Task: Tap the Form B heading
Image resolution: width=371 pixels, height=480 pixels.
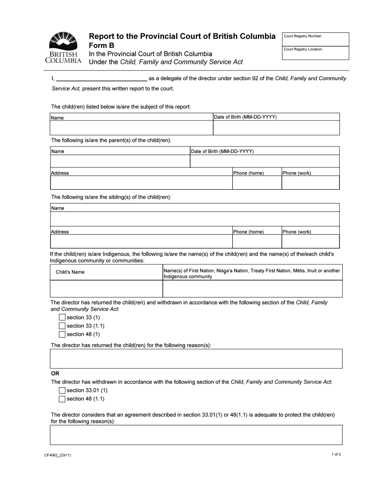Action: point(101,45)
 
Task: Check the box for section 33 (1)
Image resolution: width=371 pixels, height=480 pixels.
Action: point(62,318)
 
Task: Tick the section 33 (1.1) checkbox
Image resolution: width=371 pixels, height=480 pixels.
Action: point(62,326)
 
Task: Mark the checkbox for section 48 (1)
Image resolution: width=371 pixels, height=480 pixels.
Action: point(62,334)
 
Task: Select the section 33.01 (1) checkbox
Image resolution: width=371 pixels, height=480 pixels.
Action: point(62,390)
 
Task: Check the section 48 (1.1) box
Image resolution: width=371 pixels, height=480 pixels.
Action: point(62,399)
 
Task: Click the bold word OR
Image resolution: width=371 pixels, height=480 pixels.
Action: point(55,374)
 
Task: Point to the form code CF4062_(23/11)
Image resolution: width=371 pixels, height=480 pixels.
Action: point(58,455)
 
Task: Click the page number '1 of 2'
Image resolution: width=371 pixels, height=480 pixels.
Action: point(336,454)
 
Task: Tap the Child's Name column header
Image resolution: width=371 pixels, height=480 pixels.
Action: point(70,272)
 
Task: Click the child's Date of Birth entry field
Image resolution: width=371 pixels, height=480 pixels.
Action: point(276,128)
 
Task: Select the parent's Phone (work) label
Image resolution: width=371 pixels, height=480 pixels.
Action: point(297,173)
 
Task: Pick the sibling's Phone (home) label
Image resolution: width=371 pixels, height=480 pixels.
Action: point(248,232)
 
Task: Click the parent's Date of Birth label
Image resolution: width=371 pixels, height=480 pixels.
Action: point(222,152)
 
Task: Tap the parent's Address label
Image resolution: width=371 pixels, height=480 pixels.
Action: point(60,173)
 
